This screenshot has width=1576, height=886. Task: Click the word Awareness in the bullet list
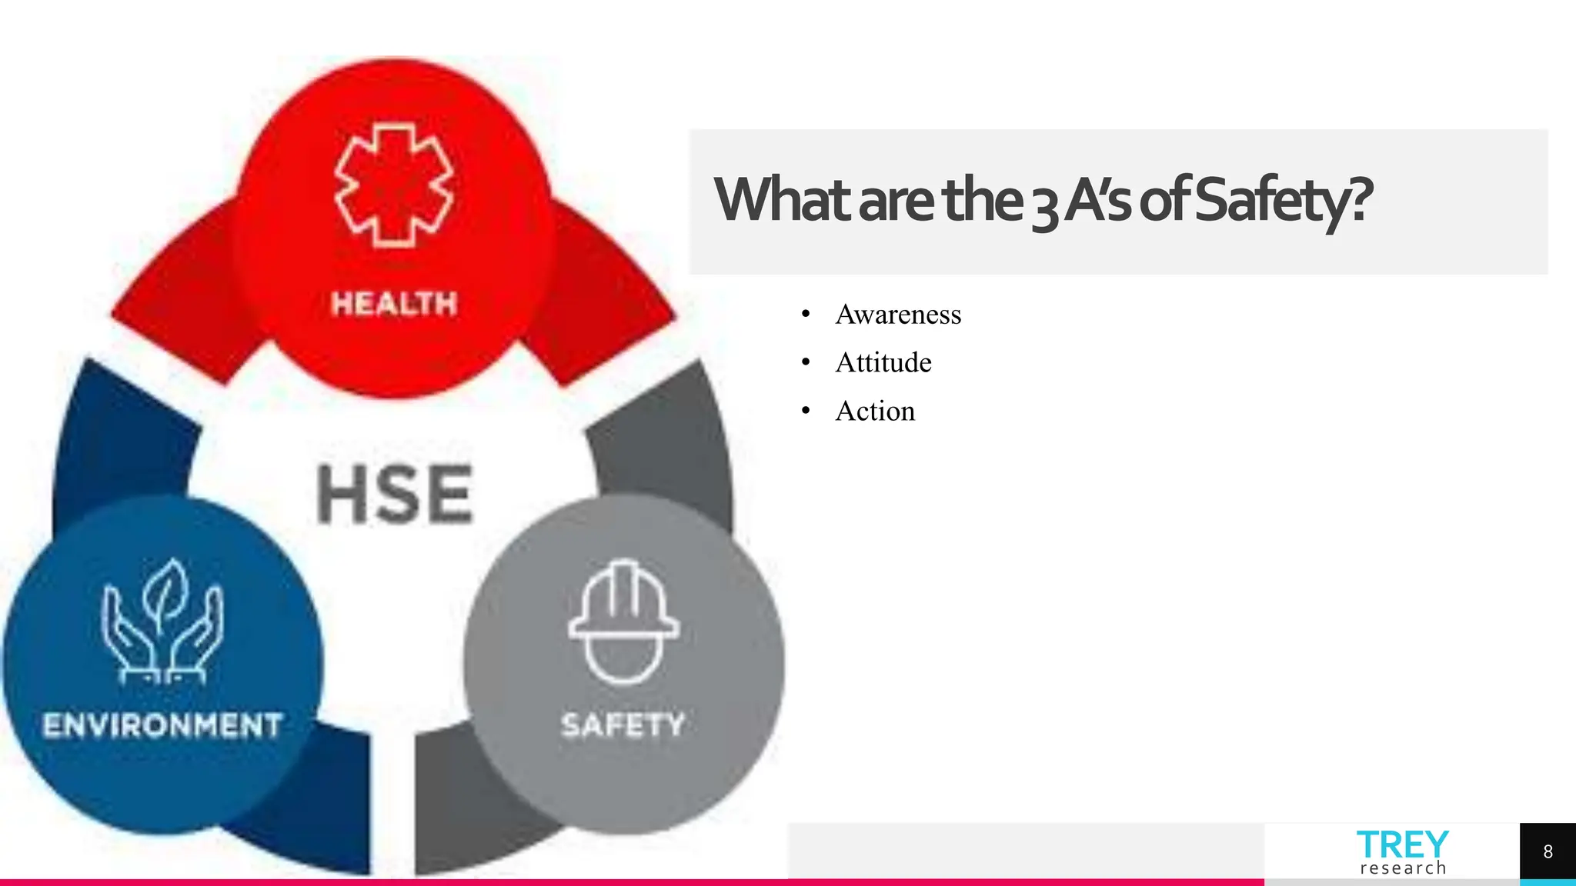click(x=898, y=315)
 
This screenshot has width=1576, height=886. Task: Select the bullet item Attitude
click(x=883, y=362)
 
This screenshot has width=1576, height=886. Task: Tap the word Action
click(x=875, y=411)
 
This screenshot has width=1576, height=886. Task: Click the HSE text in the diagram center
click(x=395, y=495)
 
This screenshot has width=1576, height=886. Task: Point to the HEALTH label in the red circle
click(x=394, y=304)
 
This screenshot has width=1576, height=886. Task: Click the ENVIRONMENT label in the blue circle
click(x=162, y=725)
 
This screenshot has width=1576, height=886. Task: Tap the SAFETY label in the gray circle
click(x=623, y=724)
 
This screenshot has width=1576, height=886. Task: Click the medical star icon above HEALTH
click(x=394, y=185)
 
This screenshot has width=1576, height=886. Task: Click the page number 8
click(x=1548, y=851)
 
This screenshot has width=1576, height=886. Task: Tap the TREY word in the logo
click(x=1402, y=844)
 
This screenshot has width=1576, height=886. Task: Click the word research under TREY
click(x=1403, y=868)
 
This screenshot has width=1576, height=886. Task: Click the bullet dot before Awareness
click(x=806, y=314)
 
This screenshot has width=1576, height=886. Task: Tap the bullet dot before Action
click(x=806, y=411)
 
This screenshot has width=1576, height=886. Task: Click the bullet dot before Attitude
click(x=806, y=362)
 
